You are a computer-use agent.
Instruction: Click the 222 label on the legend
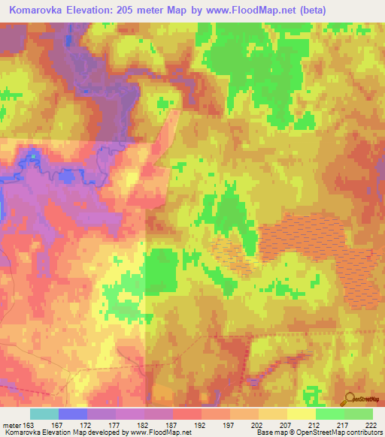click(x=371, y=425)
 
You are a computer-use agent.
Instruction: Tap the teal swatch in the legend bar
click(x=44, y=414)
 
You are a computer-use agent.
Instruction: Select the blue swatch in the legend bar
click(x=73, y=414)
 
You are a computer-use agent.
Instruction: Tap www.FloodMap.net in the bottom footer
click(x=159, y=432)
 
